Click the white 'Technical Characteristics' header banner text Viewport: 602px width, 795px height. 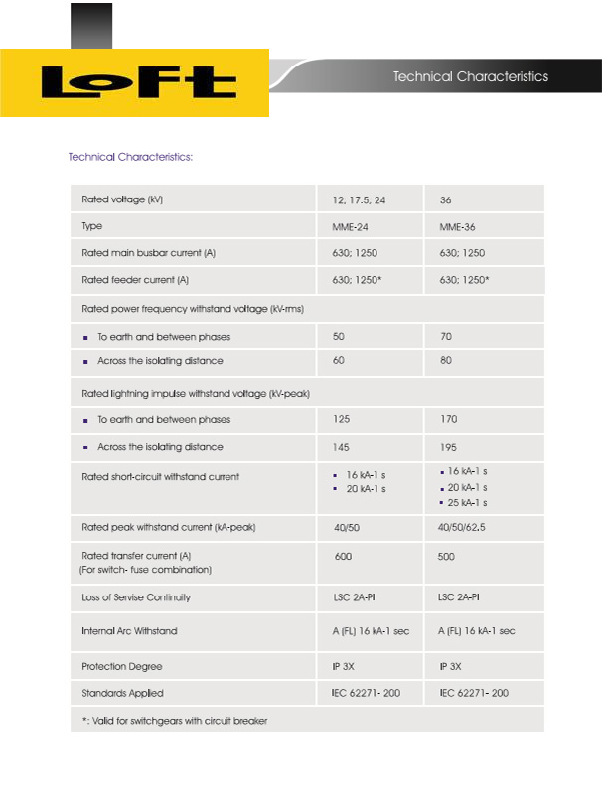pyautogui.click(x=470, y=76)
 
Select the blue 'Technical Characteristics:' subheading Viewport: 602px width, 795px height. pyautogui.click(x=130, y=157)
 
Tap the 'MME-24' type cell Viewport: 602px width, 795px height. pyautogui.click(x=350, y=227)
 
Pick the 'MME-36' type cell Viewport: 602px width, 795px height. pyautogui.click(x=457, y=227)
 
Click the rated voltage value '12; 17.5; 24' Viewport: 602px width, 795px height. pyautogui.click(x=359, y=200)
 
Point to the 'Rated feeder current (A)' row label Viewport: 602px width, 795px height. pyautogui.click(x=135, y=280)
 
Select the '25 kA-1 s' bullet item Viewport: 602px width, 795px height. pyautogui.click(x=467, y=503)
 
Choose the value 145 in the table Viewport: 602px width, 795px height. pyautogui.click(x=342, y=447)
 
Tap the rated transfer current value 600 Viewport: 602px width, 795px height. pyautogui.click(x=343, y=557)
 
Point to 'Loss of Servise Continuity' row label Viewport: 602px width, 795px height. pyautogui.click(x=136, y=597)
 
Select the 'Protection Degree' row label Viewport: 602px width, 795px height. pyautogui.click(x=122, y=666)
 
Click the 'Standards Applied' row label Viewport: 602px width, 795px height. pyautogui.click(x=122, y=693)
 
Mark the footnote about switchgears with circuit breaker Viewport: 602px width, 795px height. pyautogui.click(x=175, y=720)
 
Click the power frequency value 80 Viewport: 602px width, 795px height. pyautogui.click(x=445, y=361)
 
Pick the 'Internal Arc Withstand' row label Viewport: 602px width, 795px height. pyautogui.click(x=129, y=631)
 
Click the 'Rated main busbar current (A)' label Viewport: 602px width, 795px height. pyautogui.click(x=148, y=253)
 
